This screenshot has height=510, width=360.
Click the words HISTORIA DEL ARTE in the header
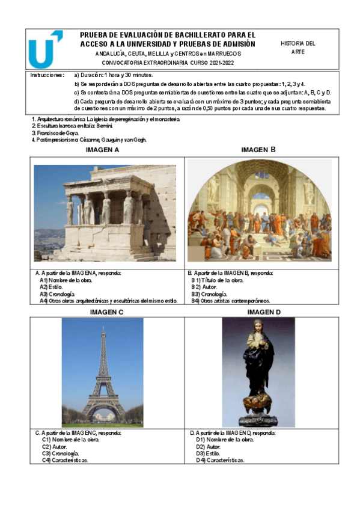(297, 48)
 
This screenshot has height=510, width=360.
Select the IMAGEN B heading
(258, 149)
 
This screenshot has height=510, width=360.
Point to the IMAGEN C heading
(106, 312)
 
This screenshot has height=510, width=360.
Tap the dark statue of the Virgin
(258, 371)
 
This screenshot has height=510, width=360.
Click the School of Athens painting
(259, 210)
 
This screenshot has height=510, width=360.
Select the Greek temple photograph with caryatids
(105, 212)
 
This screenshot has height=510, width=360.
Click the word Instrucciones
(47, 76)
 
